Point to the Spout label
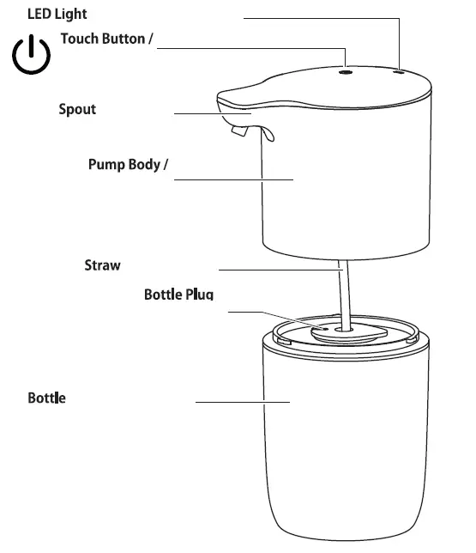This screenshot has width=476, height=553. click(x=77, y=109)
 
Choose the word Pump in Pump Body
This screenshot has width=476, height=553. click(x=105, y=164)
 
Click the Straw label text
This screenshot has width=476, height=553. click(x=102, y=265)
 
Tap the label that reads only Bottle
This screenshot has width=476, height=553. click(x=46, y=398)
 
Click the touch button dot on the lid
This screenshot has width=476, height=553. click(x=346, y=74)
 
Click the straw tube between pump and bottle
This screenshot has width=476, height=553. click(x=345, y=292)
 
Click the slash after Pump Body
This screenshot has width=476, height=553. click(x=163, y=164)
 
